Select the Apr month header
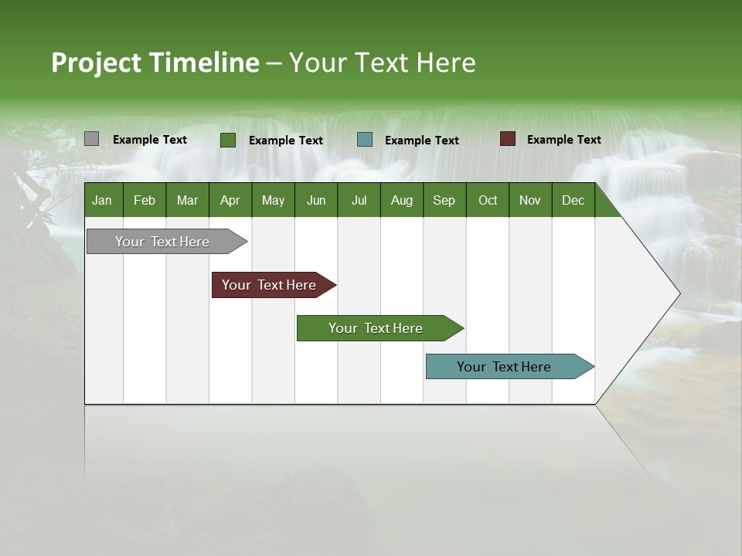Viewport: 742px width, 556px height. click(x=230, y=200)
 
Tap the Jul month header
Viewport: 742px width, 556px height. click(x=359, y=200)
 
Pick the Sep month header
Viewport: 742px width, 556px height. click(x=444, y=200)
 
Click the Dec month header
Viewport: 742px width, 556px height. click(x=573, y=200)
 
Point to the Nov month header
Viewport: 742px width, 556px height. click(x=530, y=200)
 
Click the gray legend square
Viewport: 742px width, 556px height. click(x=91, y=139)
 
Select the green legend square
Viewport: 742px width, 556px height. click(x=227, y=140)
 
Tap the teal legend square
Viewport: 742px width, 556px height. click(x=365, y=140)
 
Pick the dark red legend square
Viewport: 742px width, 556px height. click(x=507, y=139)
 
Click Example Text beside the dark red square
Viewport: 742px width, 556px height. click(x=563, y=140)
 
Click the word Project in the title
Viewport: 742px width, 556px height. click(x=97, y=63)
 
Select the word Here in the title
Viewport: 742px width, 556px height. click(x=446, y=63)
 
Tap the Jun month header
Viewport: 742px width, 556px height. click(x=316, y=200)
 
